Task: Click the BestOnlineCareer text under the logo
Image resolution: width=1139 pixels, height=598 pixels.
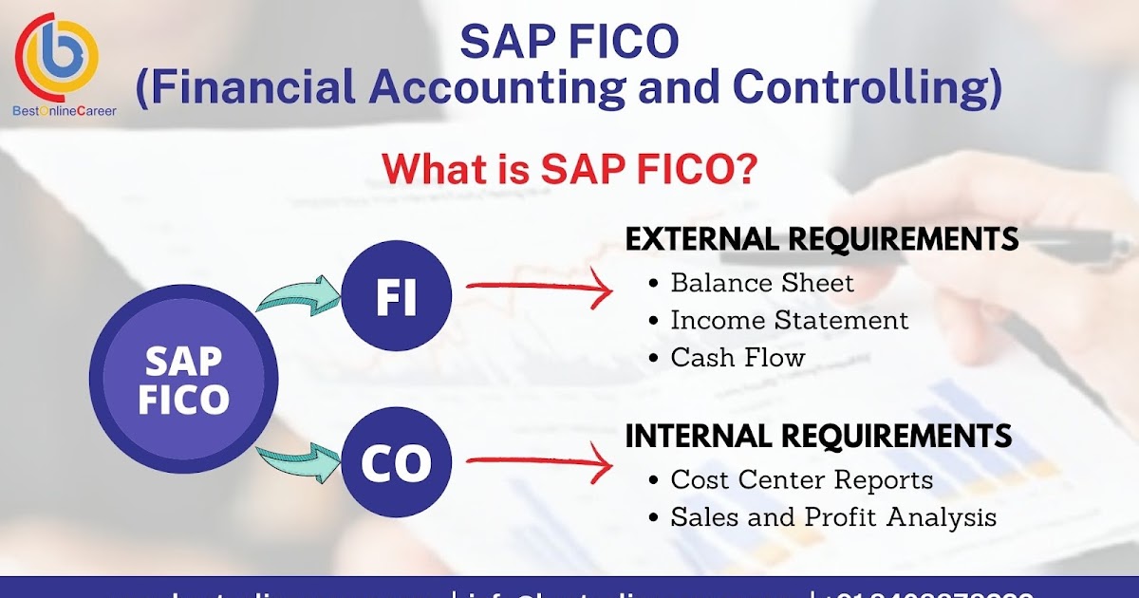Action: (65, 111)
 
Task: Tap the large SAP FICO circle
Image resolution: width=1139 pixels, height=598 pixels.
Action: (183, 381)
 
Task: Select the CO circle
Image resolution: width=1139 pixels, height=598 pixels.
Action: (396, 463)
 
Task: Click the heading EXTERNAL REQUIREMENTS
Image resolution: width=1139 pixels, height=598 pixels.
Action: (821, 239)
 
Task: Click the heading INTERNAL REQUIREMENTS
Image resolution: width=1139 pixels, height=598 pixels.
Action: (818, 437)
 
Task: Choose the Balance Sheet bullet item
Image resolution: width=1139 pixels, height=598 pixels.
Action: (761, 283)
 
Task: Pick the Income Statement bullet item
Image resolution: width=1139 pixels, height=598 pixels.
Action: (789, 321)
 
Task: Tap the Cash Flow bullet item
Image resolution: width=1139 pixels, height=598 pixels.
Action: (738, 358)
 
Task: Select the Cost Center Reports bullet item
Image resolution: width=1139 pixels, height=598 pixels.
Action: (801, 480)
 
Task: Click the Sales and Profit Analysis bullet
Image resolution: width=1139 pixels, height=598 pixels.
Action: (832, 517)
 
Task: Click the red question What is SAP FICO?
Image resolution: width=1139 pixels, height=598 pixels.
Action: (569, 169)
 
